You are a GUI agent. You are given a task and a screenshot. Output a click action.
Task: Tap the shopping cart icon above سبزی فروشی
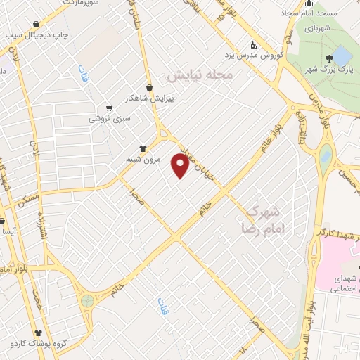(x=108, y=108)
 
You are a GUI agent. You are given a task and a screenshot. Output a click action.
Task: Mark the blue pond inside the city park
(x=342, y=55)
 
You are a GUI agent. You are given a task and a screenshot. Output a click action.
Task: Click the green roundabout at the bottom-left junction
(x=87, y=301)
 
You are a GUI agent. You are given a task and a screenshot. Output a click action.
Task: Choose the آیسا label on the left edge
(x=8, y=231)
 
